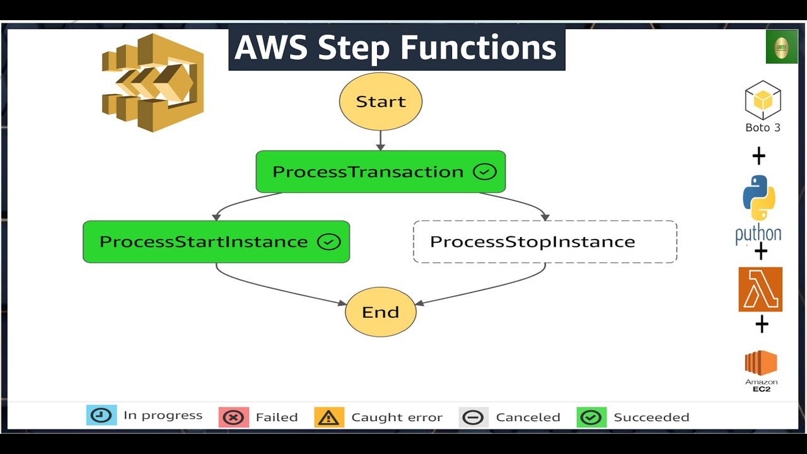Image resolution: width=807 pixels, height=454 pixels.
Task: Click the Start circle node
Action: (x=380, y=102)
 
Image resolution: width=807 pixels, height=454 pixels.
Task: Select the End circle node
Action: (x=380, y=311)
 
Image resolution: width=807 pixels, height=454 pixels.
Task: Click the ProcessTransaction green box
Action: (x=380, y=172)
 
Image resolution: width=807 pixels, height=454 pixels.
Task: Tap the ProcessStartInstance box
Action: (x=216, y=242)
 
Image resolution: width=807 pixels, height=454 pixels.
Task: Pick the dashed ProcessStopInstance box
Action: (x=545, y=242)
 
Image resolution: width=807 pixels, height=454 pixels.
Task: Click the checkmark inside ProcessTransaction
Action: (x=484, y=172)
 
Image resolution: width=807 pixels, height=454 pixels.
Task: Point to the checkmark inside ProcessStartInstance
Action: (x=328, y=242)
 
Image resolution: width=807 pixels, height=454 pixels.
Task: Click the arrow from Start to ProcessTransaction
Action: (x=380, y=140)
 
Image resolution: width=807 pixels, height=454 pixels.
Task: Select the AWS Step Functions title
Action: (x=397, y=48)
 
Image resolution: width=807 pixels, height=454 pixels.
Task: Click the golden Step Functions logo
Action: (x=153, y=83)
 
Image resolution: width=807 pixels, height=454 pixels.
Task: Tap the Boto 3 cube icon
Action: (x=763, y=100)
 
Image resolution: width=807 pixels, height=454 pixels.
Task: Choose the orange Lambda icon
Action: (x=760, y=289)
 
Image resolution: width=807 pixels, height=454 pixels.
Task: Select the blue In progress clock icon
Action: (x=102, y=415)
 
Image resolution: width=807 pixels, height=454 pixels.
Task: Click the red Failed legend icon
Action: (x=234, y=417)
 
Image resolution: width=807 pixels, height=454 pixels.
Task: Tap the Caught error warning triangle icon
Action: (x=329, y=417)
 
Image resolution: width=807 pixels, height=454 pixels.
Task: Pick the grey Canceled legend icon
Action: (x=473, y=417)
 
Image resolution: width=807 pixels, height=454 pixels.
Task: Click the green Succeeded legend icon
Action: (x=591, y=417)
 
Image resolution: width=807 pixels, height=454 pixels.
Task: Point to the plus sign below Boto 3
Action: (x=759, y=155)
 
